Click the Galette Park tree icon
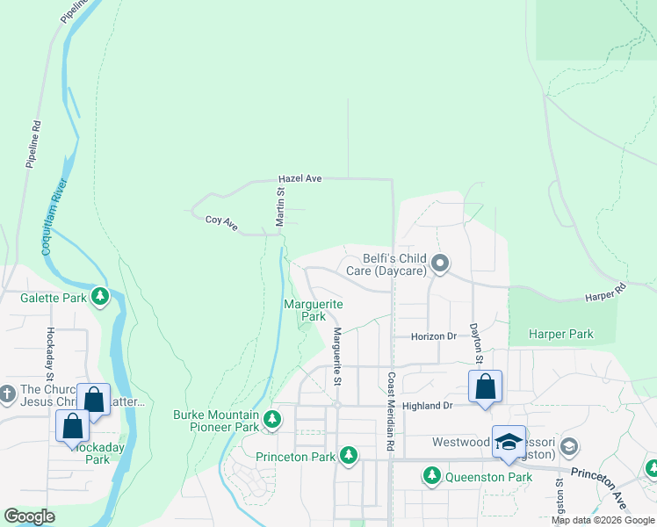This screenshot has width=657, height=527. (x=101, y=297)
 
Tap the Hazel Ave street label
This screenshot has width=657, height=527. (x=300, y=178)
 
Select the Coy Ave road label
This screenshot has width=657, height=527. (x=221, y=224)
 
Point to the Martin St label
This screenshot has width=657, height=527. (x=280, y=206)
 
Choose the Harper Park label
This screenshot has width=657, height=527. (x=561, y=335)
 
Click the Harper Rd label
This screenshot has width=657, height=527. (x=607, y=293)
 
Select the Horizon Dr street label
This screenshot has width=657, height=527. (x=435, y=336)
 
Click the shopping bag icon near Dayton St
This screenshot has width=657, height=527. (x=485, y=386)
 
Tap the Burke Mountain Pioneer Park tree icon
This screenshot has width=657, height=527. (x=273, y=420)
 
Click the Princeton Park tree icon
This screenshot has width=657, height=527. (x=350, y=456)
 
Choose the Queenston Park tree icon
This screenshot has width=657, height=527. (x=431, y=476)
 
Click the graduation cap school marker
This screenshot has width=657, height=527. (x=509, y=442)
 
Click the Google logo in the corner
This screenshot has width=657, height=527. (x=29, y=516)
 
